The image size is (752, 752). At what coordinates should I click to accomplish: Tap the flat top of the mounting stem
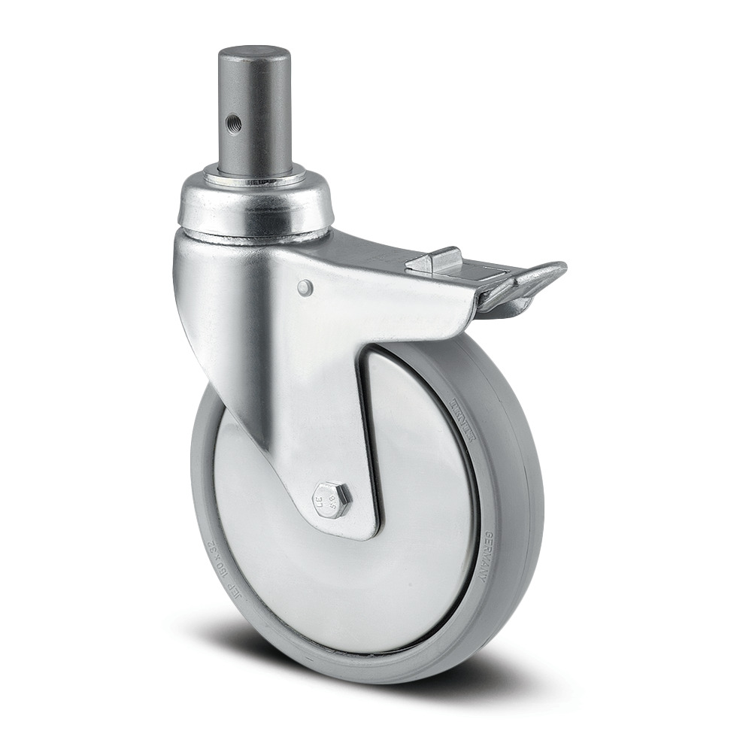click(254, 54)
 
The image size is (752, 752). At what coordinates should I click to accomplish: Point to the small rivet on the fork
click(303, 287)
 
